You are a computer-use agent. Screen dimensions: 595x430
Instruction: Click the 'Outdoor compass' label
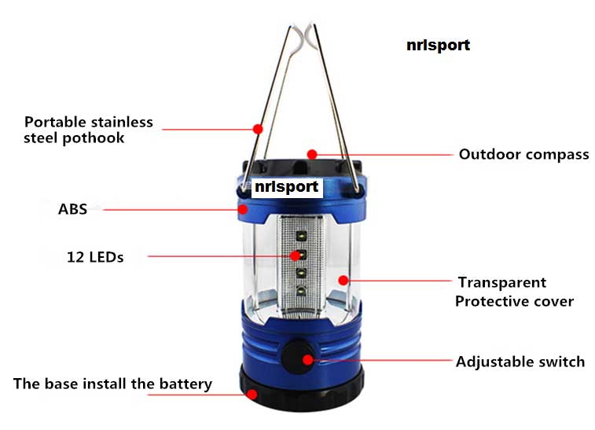pos(523,154)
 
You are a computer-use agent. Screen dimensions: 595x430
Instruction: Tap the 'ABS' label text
pos(72,209)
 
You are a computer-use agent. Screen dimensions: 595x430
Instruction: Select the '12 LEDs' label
pos(95,257)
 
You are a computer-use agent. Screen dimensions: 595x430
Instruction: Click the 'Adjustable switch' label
pos(520,362)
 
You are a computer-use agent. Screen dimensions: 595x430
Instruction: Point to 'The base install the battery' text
pos(112,384)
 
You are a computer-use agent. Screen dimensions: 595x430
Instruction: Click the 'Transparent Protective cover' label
pos(514,292)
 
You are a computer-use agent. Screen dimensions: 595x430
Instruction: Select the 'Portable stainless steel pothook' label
pos(88,130)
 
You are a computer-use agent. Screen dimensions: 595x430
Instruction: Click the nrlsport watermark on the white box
pos(286,187)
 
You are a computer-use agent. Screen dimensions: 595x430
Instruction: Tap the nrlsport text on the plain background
pos(439,45)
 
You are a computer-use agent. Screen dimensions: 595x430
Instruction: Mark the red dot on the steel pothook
pos(258,129)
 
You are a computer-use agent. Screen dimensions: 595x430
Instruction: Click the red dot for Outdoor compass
pos(312,154)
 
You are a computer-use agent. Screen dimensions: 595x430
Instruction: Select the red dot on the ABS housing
pos(243,209)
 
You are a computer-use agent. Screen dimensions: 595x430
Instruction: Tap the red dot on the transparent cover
pos(343,281)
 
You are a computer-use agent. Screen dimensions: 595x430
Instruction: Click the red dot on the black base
pos(252,395)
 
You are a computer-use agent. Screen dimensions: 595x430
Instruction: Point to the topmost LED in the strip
pos(301,236)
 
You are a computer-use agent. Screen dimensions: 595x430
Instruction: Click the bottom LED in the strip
pos(301,291)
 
